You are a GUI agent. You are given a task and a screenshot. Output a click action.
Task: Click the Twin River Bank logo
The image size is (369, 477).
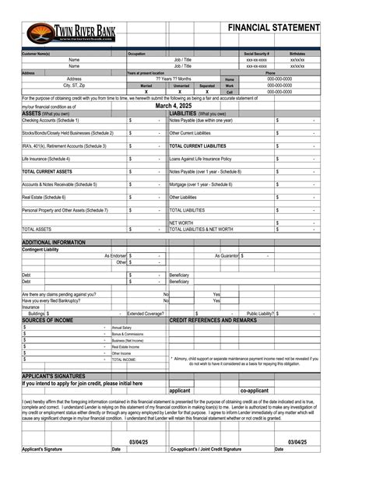pyautogui.click(x=69, y=33)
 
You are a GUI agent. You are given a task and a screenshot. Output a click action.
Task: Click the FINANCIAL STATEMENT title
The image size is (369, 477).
pyautogui.click(x=273, y=28)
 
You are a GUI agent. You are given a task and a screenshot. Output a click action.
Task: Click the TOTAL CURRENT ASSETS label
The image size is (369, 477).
pyautogui.click(x=47, y=170)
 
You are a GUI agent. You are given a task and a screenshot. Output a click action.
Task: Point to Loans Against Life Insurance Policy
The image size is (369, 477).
pyautogui.click(x=201, y=158)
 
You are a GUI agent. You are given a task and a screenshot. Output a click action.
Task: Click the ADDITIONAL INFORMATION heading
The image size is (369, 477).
pyautogui.click(x=54, y=243)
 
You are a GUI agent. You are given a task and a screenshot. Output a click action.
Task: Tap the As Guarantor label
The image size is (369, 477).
pyautogui.click(x=227, y=255)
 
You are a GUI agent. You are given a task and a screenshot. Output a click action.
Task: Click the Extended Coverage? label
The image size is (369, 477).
pyautogui.click(x=146, y=314)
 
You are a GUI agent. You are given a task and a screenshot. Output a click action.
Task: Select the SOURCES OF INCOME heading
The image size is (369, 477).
pyautogui.click(x=47, y=320)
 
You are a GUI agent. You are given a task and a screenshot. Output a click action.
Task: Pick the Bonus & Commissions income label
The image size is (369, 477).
pyautogui.click(x=128, y=334)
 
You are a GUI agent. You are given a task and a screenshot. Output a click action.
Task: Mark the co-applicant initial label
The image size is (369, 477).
pyautogui.click(x=255, y=390)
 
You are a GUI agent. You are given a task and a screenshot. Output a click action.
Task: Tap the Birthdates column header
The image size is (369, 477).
pyautogui.click(x=297, y=54)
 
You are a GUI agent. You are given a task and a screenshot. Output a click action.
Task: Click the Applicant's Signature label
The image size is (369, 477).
pyautogui.click(x=42, y=449)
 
